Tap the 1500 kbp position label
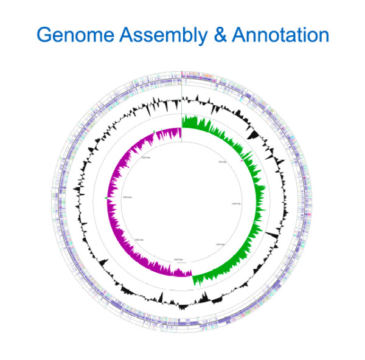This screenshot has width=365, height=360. click(220, 244)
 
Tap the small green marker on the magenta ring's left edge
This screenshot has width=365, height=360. click(106, 198)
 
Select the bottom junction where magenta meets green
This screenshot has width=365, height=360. click(192, 277)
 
